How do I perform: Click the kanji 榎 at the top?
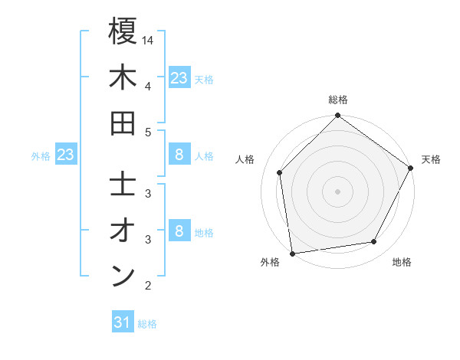point(123,32)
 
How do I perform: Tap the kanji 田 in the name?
point(123,123)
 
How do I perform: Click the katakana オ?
point(123,231)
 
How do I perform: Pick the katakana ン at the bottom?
point(123,277)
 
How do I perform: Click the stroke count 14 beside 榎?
point(149,40)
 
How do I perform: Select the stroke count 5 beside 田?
point(148,132)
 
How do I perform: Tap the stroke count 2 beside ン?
point(148,286)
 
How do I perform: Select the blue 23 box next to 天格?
point(179,77)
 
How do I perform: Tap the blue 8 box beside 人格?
point(179,155)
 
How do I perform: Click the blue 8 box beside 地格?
point(179,231)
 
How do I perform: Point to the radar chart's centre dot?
point(337,191)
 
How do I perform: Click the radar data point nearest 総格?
point(337,116)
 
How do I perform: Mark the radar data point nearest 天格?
point(410,168)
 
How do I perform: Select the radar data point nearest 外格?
point(292,253)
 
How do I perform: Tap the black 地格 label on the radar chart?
point(402,262)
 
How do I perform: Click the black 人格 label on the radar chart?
point(245,159)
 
